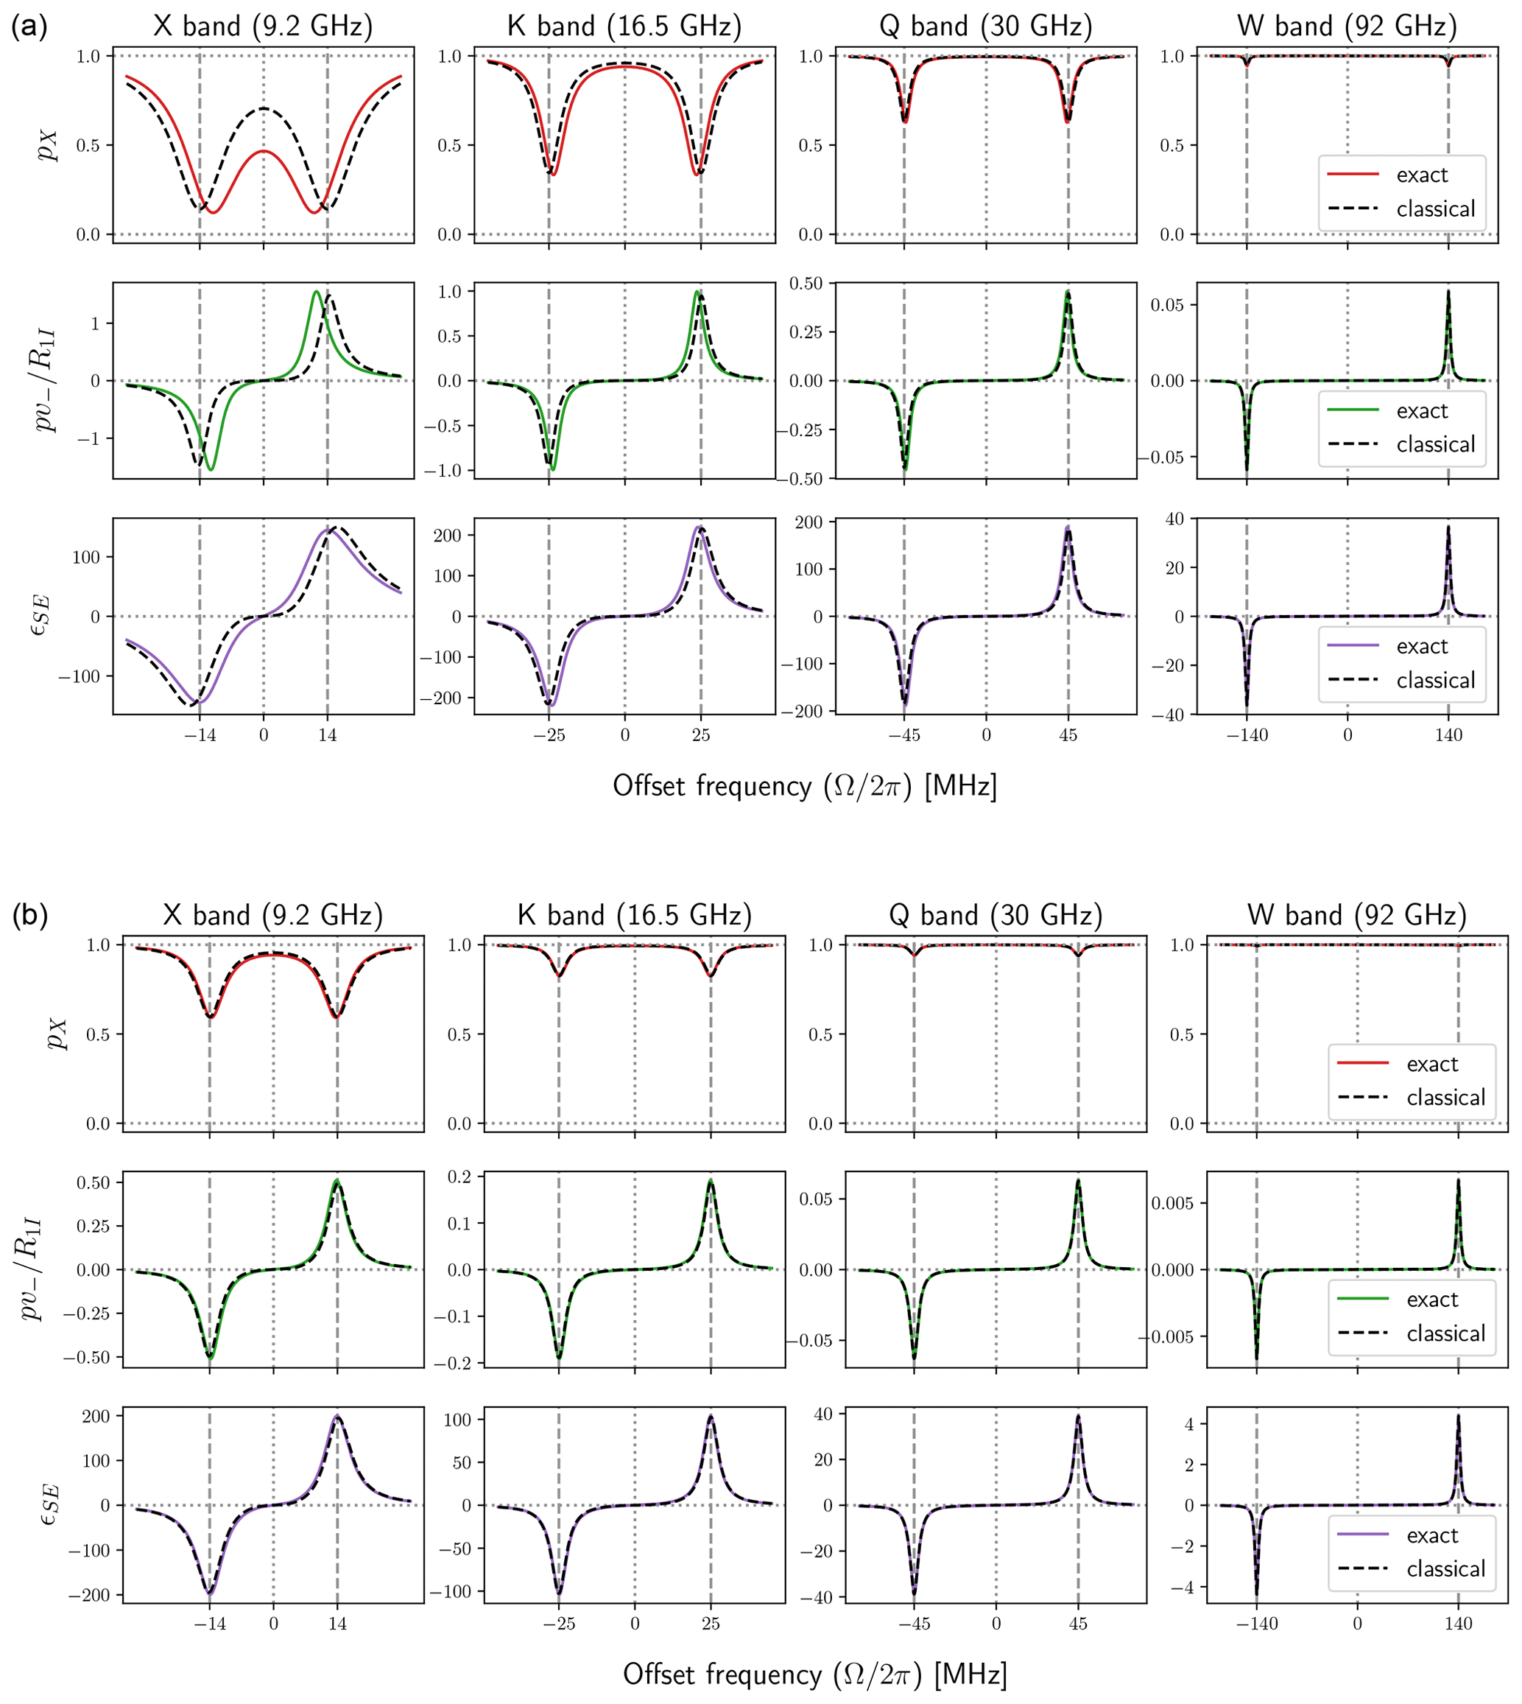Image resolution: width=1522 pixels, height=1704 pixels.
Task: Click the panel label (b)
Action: (30, 915)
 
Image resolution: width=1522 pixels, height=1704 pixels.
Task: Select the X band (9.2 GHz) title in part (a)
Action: (264, 27)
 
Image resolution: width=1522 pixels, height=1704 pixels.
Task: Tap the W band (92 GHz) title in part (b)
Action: (1357, 915)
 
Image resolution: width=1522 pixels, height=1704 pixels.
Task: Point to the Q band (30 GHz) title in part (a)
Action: (986, 27)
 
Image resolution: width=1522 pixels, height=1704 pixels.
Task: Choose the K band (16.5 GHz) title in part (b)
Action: (635, 915)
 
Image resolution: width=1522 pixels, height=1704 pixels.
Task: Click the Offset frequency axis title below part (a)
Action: (805, 786)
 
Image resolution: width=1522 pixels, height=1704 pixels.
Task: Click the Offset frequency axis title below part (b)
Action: (814, 1675)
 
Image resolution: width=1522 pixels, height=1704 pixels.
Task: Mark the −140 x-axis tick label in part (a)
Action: (1246, 735)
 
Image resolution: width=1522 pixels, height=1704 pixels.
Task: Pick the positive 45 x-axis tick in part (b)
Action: (1079, 1624)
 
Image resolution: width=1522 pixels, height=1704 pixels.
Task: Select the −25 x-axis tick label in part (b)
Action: (559, 1624)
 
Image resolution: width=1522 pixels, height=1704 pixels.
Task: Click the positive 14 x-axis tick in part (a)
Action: (328, 735)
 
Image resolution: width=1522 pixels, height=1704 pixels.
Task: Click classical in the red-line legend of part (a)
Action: (1435, 209)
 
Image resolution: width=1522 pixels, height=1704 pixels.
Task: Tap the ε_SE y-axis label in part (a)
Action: (40, 616)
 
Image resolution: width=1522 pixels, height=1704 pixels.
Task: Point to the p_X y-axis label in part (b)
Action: (55, 1034)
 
